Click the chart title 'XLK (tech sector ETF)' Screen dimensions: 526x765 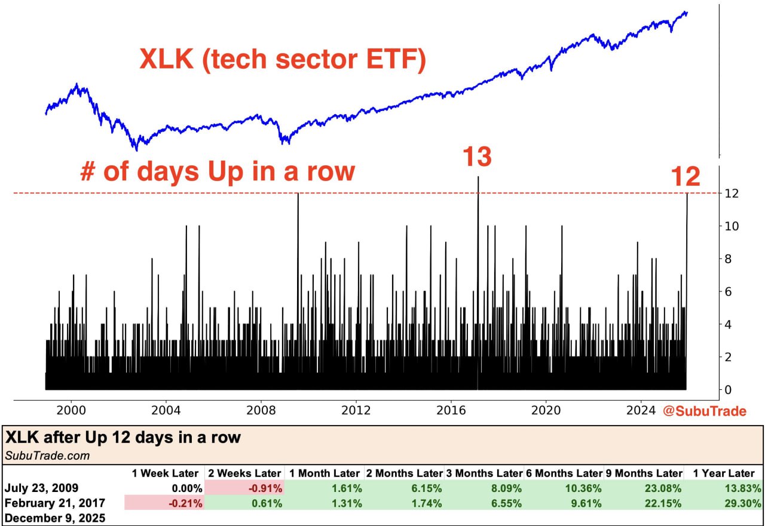(283, 60)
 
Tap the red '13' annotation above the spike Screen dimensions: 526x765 (477, 156)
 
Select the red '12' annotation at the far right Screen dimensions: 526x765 (685, 177)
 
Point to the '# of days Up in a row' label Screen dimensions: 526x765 (218, 171)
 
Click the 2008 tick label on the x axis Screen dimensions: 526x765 (261, 411)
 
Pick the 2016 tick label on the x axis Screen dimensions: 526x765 (451, 411)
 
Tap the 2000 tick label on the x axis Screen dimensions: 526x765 (71, 411)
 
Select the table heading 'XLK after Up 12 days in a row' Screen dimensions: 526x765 (123, 438)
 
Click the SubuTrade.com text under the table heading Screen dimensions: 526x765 (47, 456)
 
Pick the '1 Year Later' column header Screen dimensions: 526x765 (724, 473)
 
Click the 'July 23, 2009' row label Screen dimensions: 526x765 (40, 488)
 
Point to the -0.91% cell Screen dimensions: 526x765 (262, 488)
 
